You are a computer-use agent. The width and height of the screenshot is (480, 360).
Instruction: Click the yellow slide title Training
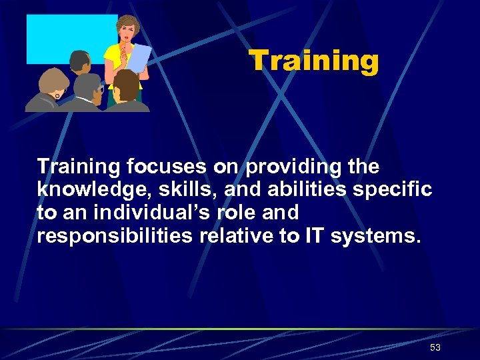[314, 61]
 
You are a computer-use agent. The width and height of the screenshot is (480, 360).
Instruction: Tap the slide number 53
[435, 347]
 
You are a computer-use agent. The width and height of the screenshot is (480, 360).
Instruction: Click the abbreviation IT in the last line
[324, 237]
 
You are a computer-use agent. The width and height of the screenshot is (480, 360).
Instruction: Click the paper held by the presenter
[138, 58]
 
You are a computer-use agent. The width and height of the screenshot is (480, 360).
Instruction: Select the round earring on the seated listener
[58, 97]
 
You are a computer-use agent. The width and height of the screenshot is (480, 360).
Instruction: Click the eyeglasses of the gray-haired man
[100, 89]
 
